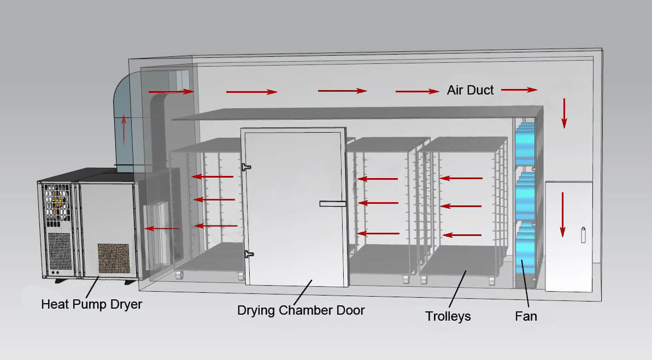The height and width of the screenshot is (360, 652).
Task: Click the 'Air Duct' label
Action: [x=470, y=91]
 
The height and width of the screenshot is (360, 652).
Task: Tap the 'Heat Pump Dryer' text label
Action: [x=91, y=304]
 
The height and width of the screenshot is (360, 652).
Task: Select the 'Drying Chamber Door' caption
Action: [x=301, y=310]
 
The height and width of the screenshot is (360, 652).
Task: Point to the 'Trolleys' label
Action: [x=448, y=316]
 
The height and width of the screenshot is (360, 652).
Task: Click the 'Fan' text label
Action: [x=526, y=316]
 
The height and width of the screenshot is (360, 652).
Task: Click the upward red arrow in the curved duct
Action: [x=124, y=128]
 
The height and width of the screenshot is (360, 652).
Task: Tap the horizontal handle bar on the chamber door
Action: [x=333, y=204]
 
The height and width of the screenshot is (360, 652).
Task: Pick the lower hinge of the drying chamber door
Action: [x=249, y=253]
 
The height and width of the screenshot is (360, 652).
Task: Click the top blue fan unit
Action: [x=527, y=139]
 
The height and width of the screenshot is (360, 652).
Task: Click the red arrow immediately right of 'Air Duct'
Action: [x=519, y=89]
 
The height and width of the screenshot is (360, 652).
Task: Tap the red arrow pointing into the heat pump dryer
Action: [x=162, y=228]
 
